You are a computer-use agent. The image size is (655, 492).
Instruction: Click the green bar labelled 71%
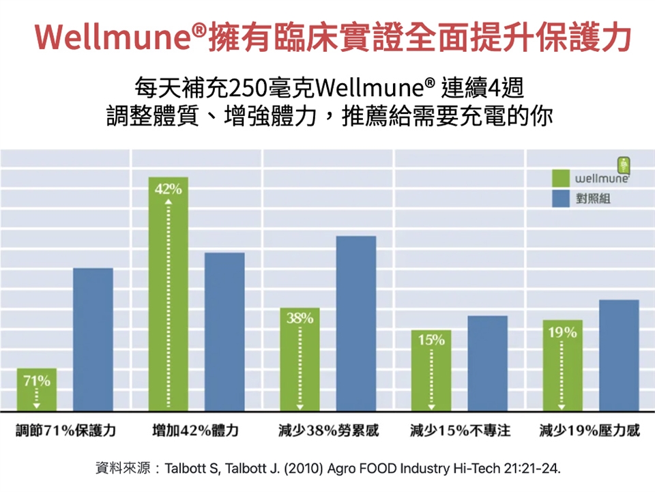[x=37, y=390]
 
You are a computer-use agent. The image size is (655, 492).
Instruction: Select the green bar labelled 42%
[x=168, y=294]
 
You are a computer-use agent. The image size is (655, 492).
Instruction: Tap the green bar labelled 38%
[x=300, y=360]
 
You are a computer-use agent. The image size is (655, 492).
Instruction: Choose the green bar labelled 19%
[x=562, y=365]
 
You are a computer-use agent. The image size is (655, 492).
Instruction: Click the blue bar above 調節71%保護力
[x=93, y=339]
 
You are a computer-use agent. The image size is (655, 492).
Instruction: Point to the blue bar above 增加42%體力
[x=224, y=332]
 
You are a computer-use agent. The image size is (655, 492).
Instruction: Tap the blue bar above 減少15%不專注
[x=487, y=363]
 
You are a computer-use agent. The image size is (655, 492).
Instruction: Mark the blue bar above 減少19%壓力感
[x=619, y=355]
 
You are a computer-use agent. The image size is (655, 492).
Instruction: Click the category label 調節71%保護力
[x=66, y=431]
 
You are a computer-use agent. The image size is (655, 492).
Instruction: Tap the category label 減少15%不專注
[x=460, y=431]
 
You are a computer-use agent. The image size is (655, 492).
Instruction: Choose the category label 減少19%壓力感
[x=590, y=431]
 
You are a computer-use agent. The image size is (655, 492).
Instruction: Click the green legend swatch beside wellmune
[x=561, y=179]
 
